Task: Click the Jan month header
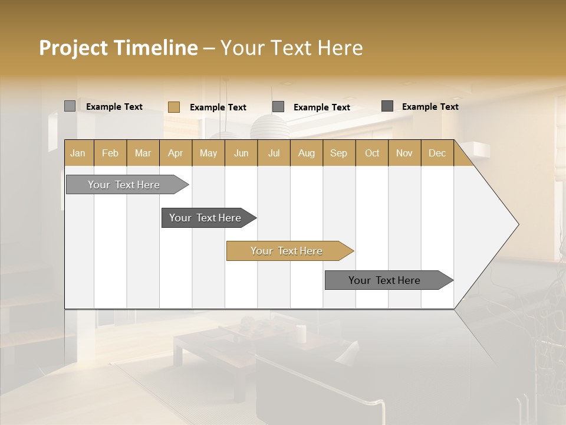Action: (x=78, y=153)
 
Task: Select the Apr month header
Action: (x=175, y=153)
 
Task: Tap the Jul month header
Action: (x=274, y=153)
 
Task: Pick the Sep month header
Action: (x=338, y=153)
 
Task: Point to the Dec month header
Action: (x=437, y=153)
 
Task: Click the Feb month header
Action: (x=110, y=153)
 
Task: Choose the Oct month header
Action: (x=372, y=153)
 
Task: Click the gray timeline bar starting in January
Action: (x=124, y=185)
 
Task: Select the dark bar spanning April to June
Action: (x=205, y=218)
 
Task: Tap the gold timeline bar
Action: (x=287, y=251)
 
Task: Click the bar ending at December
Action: (x=384, y=280)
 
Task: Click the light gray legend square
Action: (x=70, y=106)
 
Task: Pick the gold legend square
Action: (x=174, y=107)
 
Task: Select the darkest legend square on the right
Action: (x=387, y=106)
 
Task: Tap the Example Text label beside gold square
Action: (x=218, y=107)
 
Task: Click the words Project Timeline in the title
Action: (x=118, y=48)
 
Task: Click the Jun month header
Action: (x=241, y=153)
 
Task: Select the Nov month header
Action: (x=404, y=153)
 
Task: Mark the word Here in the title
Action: (x=340, y=48)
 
